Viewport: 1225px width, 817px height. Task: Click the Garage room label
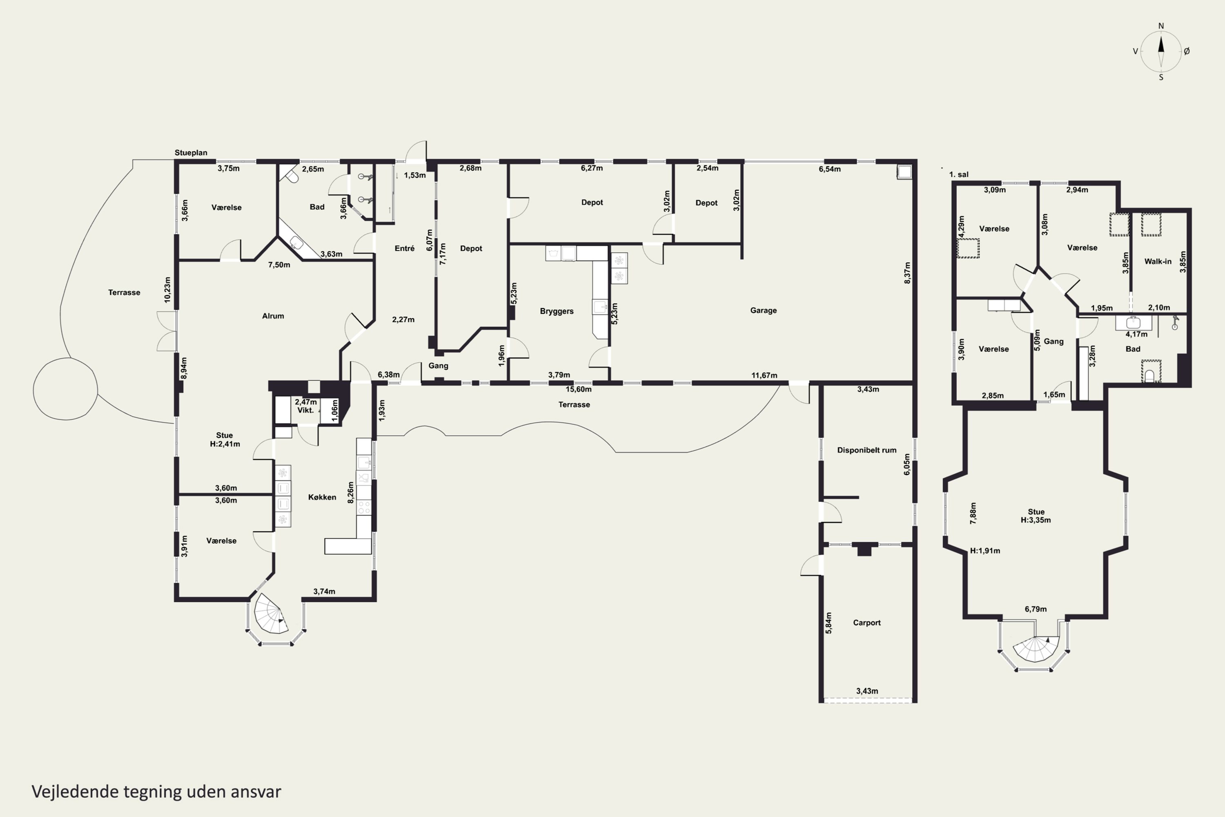[764, 310]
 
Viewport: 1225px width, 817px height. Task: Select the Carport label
[866, 623]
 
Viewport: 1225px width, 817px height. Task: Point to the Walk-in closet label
[1158, 261]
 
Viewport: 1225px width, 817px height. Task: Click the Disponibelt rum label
[866, 450]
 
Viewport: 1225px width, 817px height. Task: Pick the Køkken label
[322, 497]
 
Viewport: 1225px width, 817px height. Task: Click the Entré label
[405, 248]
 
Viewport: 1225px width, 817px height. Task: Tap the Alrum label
[273, 316]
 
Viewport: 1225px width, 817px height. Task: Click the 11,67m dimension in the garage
[764, 375]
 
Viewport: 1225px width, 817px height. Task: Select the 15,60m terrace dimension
[579, 389]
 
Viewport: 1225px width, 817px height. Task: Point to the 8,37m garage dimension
[907, 272]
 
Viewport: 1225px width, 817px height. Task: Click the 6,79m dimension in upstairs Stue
[1036, 609]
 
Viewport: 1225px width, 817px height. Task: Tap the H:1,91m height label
[985, 551]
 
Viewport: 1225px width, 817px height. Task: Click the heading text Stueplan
[191, 153]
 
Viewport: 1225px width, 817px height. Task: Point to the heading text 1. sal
[959, 174]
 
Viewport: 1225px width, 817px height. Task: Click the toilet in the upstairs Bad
[1150, 375]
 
